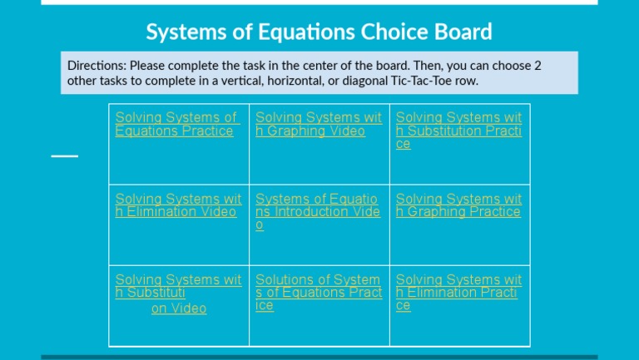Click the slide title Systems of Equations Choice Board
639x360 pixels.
[319, 32]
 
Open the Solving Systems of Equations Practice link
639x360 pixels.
[176, 124]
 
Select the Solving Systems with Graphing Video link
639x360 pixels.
[318, 124]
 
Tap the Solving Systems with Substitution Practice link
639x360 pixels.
[458, 131]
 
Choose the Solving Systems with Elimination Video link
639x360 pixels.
[177, 205]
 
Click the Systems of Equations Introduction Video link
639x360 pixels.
[317, 211]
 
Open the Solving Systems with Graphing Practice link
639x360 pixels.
[458, 205]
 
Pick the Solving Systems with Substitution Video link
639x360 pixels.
[177, 286]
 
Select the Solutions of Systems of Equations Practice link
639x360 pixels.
[318, 292]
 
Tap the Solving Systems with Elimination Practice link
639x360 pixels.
[458, 292]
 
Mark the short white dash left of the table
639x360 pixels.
[65, 155]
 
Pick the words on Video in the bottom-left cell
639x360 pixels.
[179, 308]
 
